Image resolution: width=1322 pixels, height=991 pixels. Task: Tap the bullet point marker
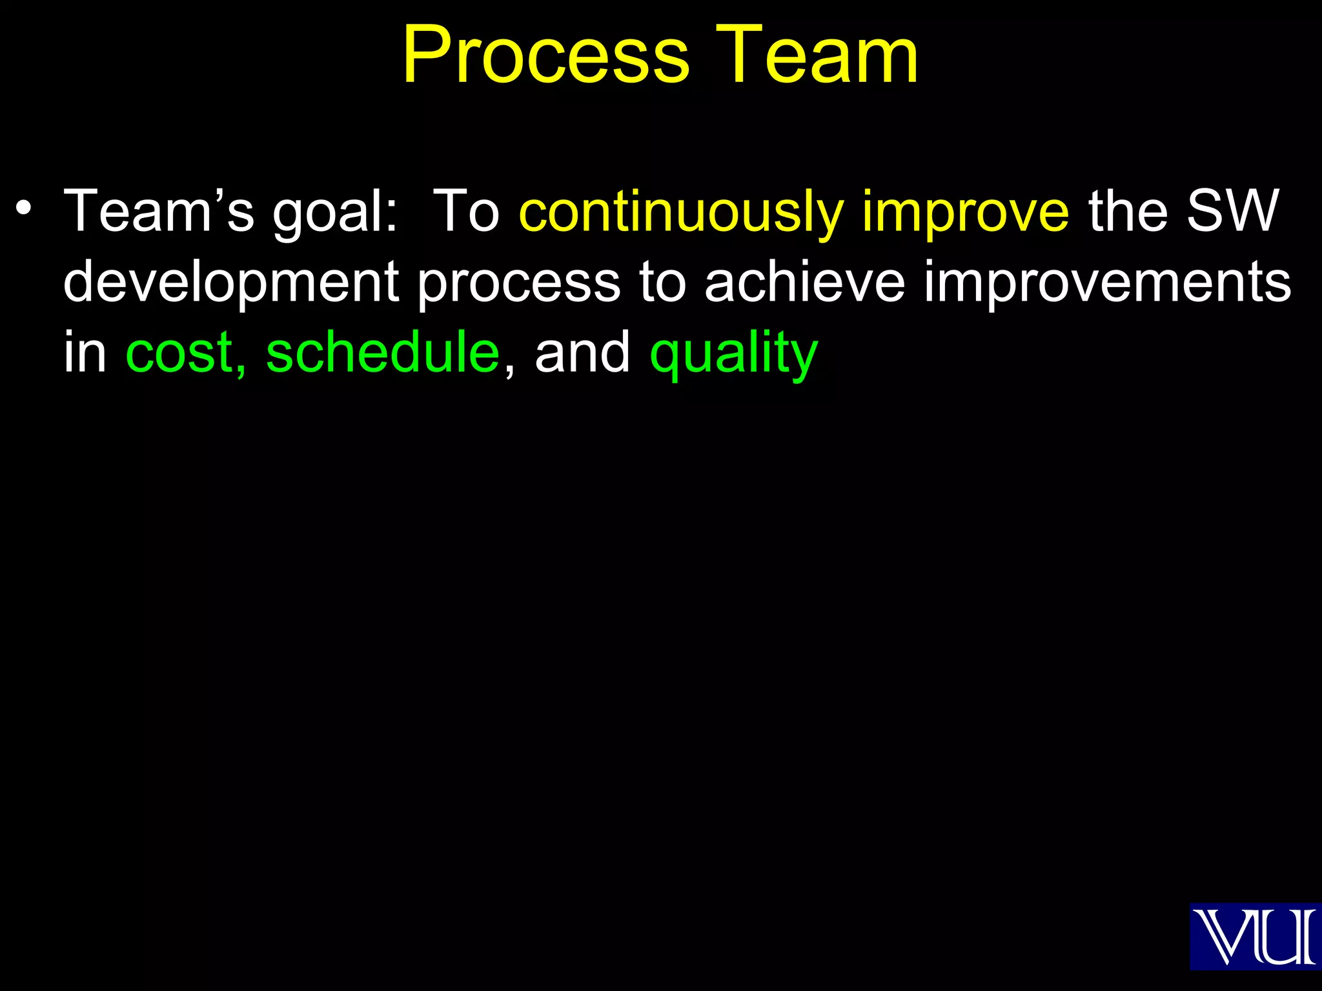click(x=24, y=208)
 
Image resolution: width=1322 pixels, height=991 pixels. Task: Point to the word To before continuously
click(x=466, y=212)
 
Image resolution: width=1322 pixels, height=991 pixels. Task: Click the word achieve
click(x=804, y=282)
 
